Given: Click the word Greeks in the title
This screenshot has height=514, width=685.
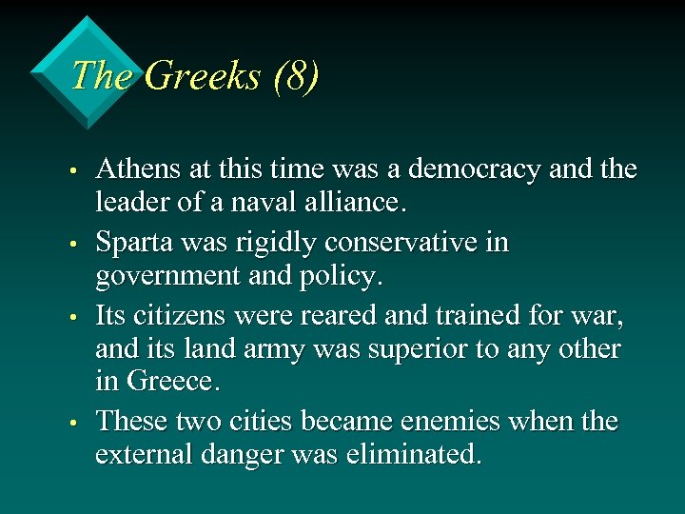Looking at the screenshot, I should [202, 76].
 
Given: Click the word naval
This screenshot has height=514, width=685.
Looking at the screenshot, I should [276, 203].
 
